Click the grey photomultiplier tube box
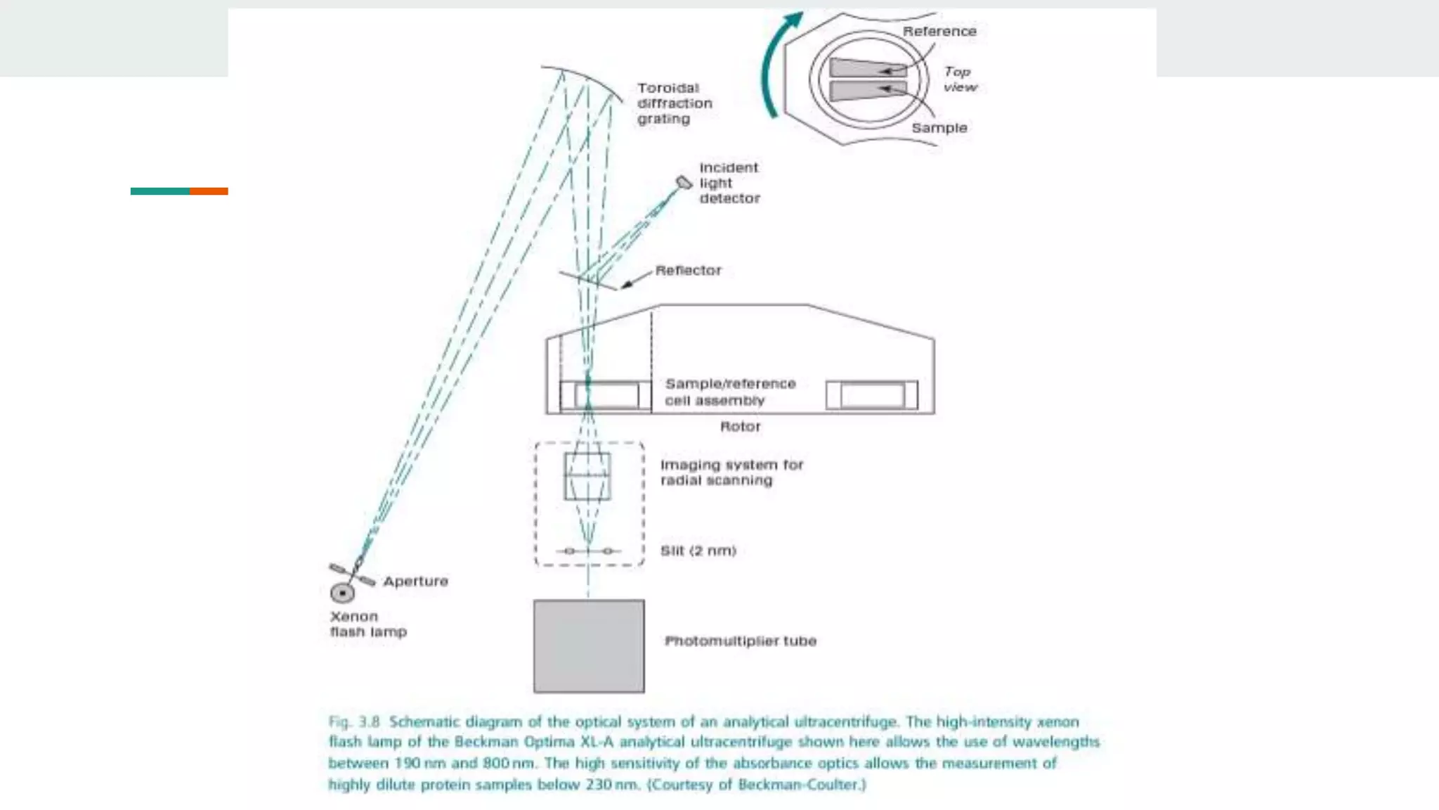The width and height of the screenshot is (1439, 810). tap(589, 645)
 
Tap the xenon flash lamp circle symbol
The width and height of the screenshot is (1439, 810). tap(342, 593)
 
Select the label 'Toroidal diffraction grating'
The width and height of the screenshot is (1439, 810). tap(675, 103)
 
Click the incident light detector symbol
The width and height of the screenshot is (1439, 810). tap(683, 184)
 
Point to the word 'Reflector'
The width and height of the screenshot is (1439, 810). tap(688, 271)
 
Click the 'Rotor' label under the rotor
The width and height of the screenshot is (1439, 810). tap(740, 427)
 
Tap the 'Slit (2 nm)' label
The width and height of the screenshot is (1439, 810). tap(698, 551)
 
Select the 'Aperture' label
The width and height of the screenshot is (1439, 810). tap(415, 581)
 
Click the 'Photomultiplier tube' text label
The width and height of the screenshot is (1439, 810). tap(741, 641)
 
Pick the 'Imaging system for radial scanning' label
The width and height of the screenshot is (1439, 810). tap(731, 472)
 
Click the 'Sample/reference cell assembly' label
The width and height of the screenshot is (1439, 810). tap(730, 392)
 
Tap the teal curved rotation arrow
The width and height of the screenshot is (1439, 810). tap(773, 67)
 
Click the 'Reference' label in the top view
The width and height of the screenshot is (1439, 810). tap(939, 32)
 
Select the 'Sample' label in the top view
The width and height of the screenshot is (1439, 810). tap(939, 128)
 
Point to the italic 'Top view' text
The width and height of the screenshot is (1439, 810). tap(959, 79)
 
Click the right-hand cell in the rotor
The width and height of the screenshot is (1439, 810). tap(871, 395)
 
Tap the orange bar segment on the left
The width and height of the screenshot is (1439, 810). tap(209, 191)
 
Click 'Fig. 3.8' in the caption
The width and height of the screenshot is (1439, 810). tap(354, 722)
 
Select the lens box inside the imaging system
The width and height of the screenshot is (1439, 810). tap(587, 476)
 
